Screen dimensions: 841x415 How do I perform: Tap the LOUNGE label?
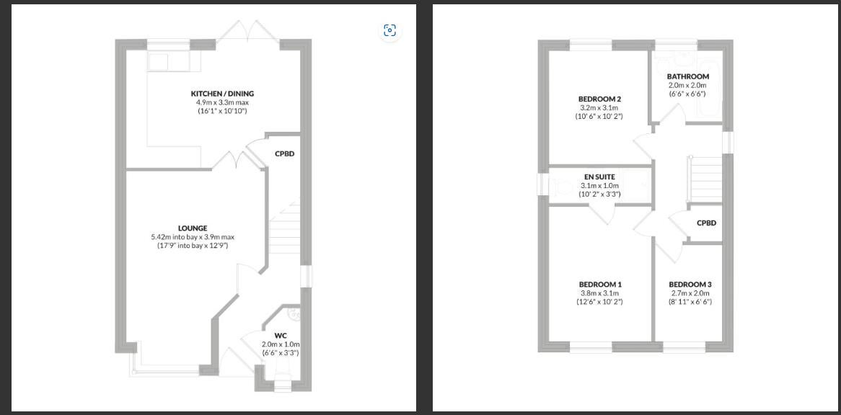point(193,228)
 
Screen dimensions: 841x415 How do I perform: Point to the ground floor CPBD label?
point(284,153)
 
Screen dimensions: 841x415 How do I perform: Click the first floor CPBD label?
point(706,223)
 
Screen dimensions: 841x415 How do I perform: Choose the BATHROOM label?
point(688,76)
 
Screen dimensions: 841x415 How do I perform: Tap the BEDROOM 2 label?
point(599,99)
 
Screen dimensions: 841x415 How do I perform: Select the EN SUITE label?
point(599,177)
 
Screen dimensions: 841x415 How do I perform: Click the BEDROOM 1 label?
point(599,285)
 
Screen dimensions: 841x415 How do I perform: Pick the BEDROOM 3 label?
point(690,285)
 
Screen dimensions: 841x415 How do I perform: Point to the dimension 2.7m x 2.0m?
point(690,293)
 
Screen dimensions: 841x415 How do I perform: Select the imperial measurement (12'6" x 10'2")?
point(599,301)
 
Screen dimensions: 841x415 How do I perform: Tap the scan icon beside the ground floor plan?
point(390,30)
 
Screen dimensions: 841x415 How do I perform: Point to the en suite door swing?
point(602,214)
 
